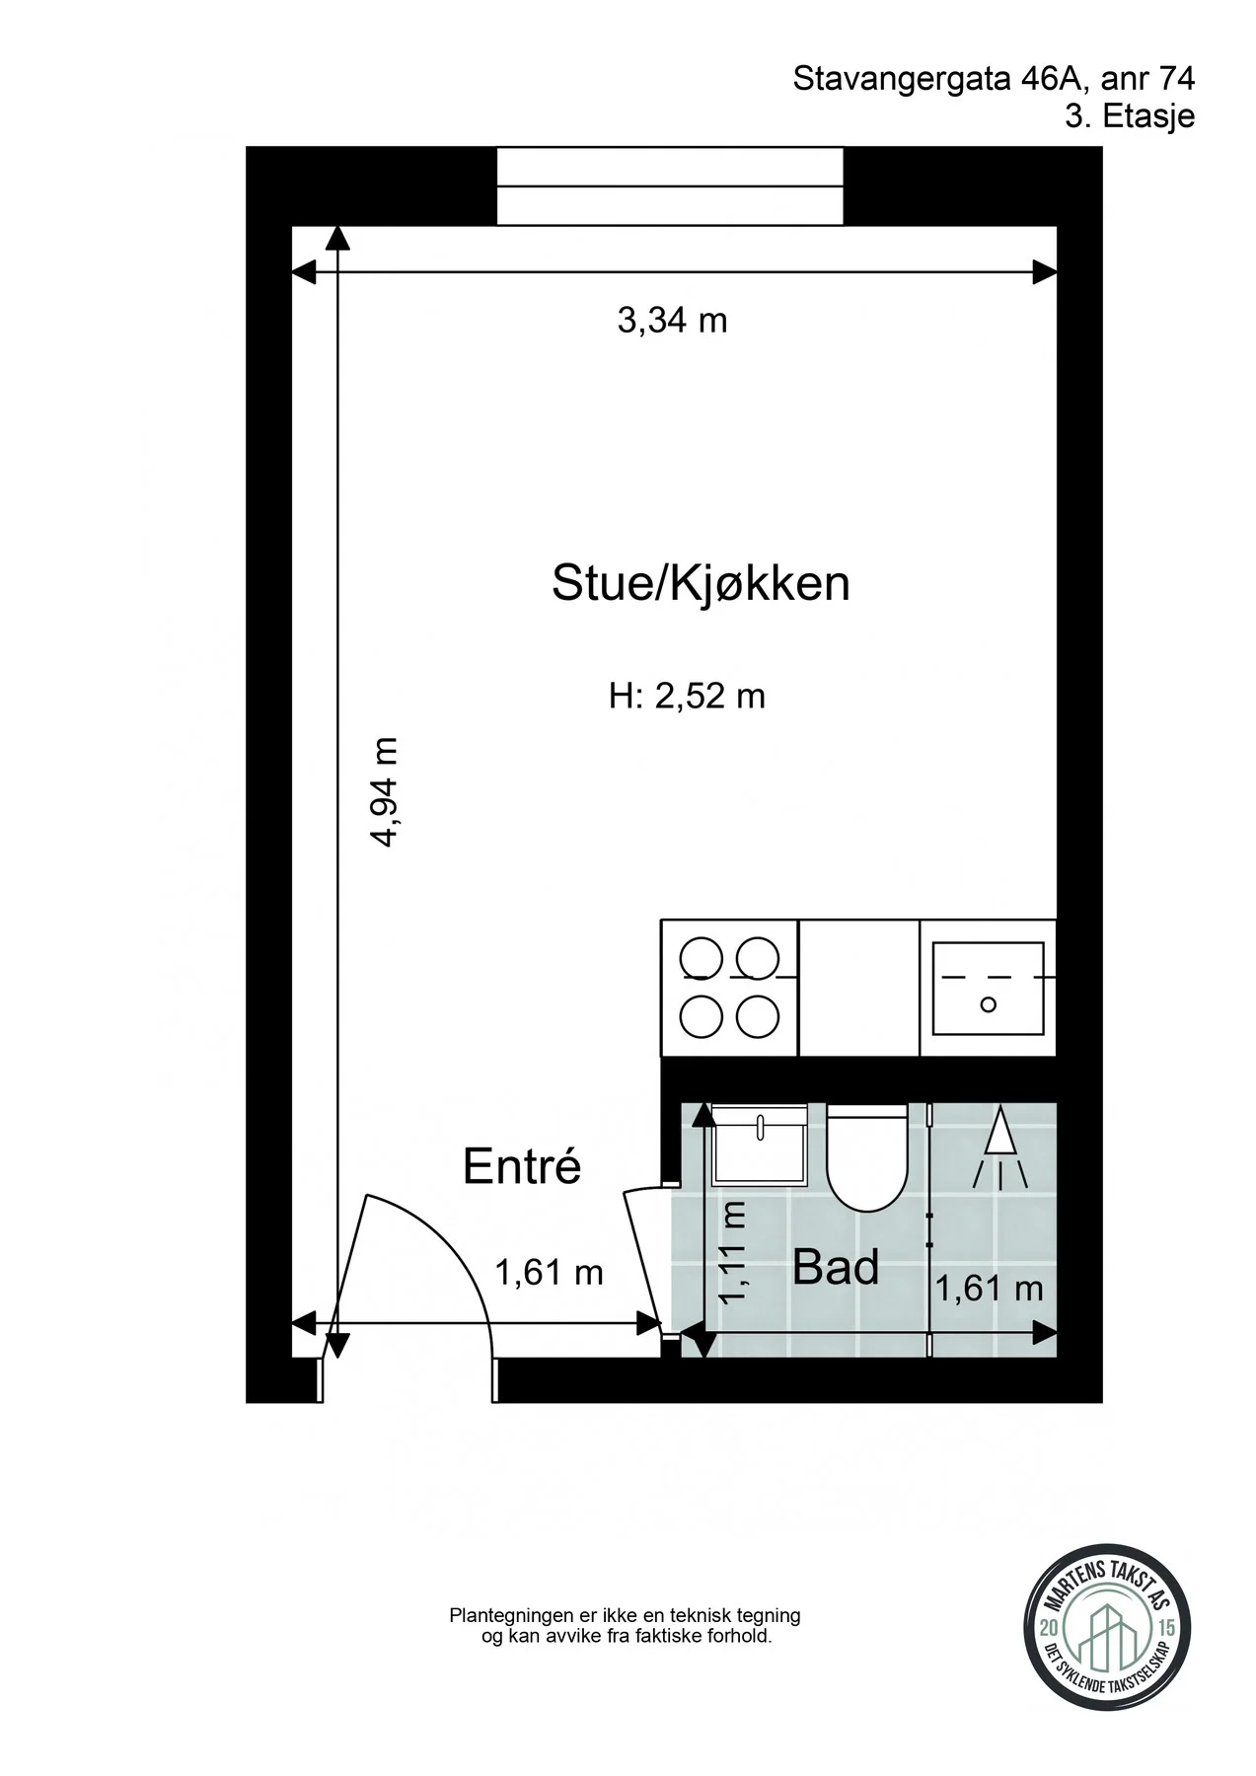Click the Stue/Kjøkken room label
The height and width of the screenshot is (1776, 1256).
(701, 583)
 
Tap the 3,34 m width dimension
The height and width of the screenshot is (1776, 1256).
(672, 321)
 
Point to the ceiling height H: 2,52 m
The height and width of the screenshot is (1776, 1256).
(687, 697)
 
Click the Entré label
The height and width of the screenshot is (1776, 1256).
(522, 1167)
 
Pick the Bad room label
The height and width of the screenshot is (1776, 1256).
(836, 1268)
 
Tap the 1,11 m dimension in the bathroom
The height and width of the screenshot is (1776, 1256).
(734, 1251)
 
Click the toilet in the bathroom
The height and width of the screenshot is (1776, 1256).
(866, 1157)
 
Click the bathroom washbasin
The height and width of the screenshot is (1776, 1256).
(759, 1145)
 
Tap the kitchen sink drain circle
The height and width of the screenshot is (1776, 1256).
(988, 1004)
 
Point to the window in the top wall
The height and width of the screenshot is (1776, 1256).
(670, 186)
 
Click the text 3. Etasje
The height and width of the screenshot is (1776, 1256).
(1130, 116)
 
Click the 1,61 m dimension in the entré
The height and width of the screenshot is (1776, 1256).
(549, 1273)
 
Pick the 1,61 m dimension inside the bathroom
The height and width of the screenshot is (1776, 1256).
(989, 1289)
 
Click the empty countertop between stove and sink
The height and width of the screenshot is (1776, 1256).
(858, 988)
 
